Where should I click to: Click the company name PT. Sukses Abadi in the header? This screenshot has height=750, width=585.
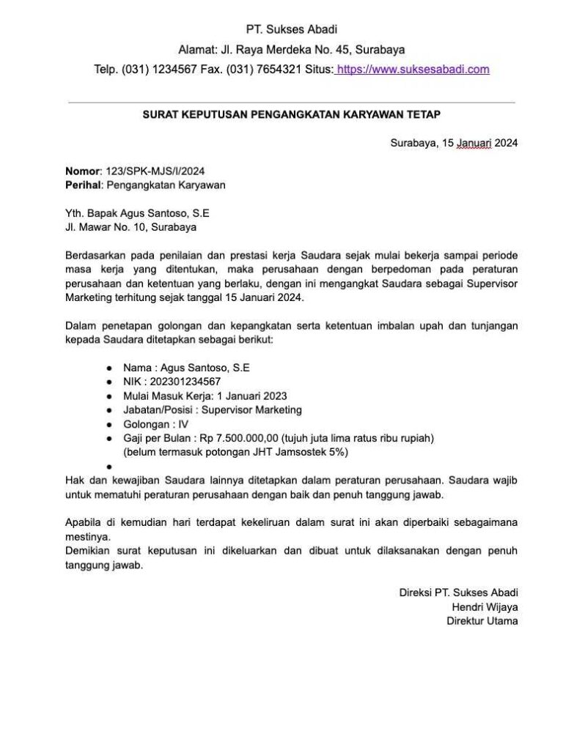292,30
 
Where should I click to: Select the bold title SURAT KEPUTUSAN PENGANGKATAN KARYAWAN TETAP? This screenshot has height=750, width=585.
292,114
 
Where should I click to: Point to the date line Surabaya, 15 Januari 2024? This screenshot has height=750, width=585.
455,144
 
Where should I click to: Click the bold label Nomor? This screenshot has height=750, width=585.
81,171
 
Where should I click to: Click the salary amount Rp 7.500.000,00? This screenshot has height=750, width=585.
239,438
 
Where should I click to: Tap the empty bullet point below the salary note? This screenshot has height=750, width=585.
108,466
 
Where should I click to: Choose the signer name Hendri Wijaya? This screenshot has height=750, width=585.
485,606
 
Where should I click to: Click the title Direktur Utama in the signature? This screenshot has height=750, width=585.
482,620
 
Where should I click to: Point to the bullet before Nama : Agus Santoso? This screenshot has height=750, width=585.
108,368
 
